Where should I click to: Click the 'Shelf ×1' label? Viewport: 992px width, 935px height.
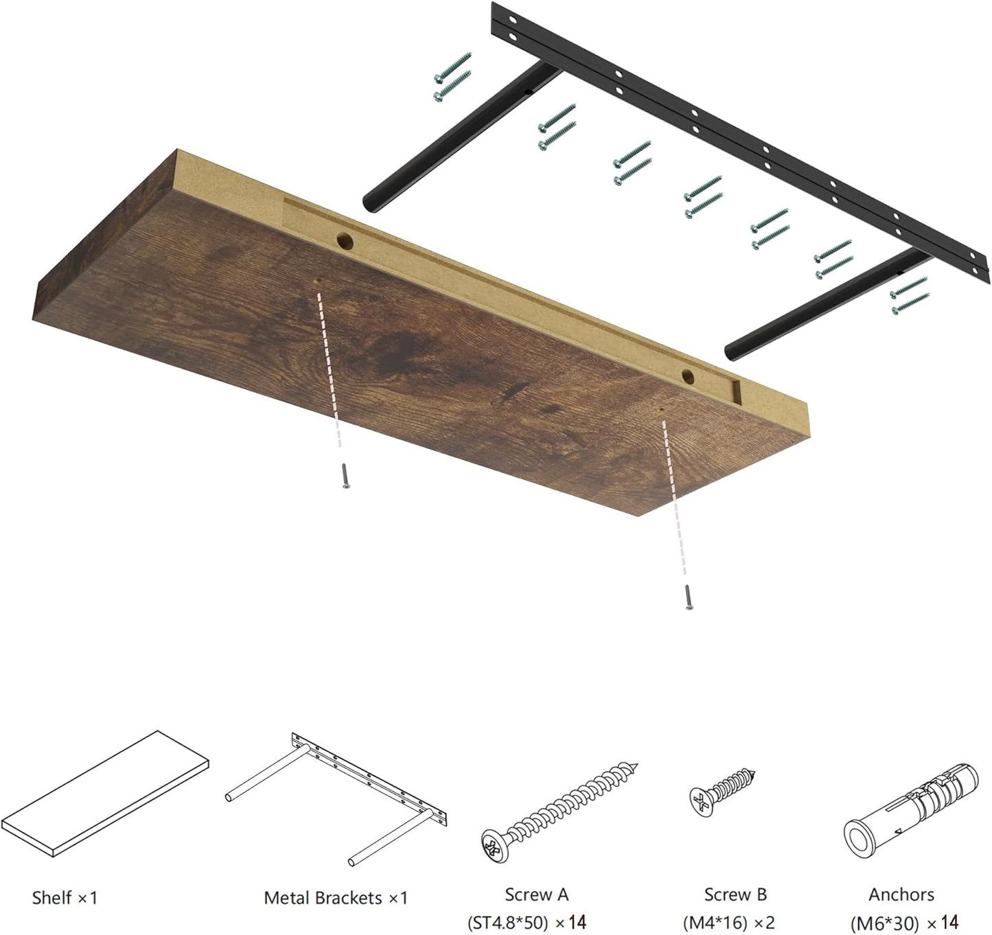click(x=65, y=897)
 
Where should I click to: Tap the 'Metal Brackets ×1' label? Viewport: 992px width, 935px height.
click(x=336, y=897)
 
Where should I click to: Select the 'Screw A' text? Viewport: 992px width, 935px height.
click(x=536, y=894)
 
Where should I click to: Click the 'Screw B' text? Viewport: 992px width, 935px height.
click(x=735, y=894)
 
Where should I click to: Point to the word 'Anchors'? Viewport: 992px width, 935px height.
click(x=901, y=894)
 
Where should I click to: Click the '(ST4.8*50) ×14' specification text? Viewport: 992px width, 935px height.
click(x=527, y=922)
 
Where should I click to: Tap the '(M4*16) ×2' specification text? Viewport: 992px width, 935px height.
click(x=728, y=922)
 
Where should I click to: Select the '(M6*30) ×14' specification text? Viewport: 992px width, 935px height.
click(x=904, y=922)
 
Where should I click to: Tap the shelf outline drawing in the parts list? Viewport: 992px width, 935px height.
click(x=105, y=792)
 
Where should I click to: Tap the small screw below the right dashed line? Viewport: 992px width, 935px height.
click(x=688, y=597)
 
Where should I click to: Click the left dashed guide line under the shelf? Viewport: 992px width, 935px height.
click(x=330, y=371)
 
